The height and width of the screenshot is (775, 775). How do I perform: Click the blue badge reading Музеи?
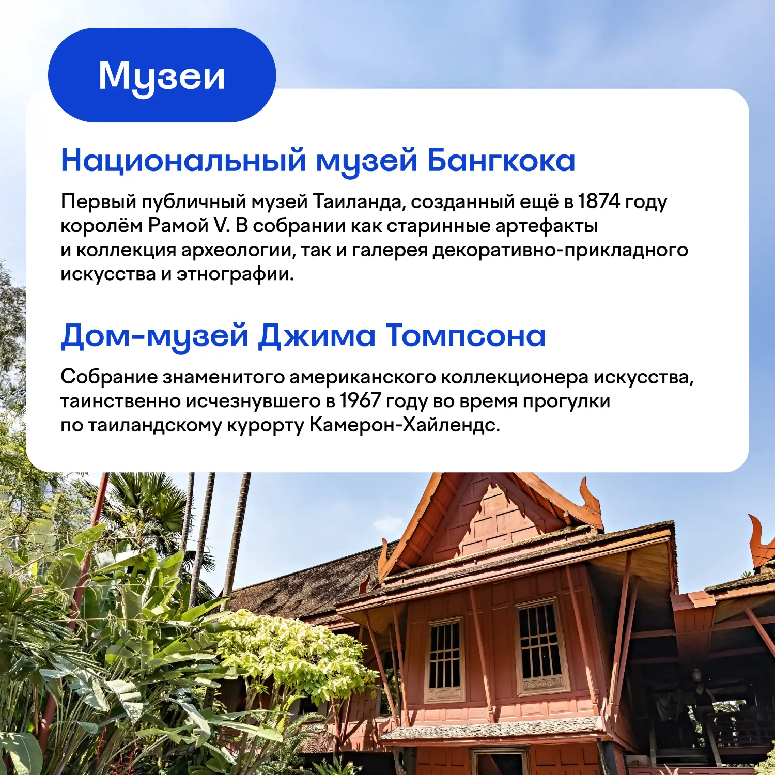pos(162,75)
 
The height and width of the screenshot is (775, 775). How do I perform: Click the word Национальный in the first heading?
pos(183,160)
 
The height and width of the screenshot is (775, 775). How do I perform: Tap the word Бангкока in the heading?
pos(501,160)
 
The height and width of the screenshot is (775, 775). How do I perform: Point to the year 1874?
pos(599,202)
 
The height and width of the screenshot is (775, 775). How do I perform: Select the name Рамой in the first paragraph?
pos(178,226)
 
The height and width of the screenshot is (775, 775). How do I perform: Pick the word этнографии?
pos(235,274)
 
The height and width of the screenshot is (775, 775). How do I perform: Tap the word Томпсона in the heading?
pos(466,336)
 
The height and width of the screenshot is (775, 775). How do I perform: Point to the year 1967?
pos(361,401)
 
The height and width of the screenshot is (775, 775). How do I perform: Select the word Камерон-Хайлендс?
pos(405,425)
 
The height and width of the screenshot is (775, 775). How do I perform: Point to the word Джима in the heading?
pos(317,336)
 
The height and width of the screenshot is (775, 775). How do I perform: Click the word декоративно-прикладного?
pos(561,250)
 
